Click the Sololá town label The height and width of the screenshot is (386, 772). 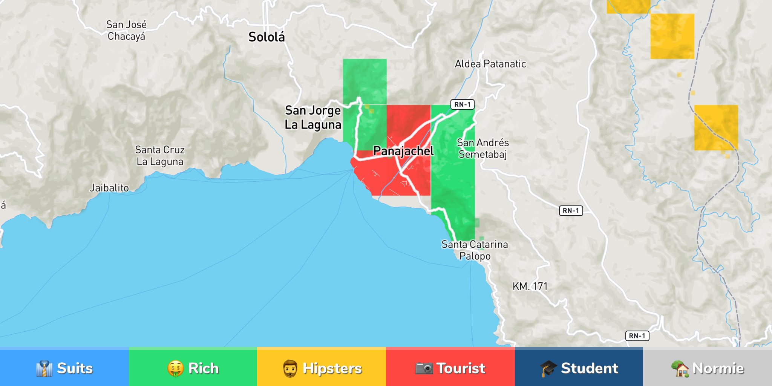click(x=267, y=37)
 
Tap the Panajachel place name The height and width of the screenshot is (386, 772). click(x=403, y=151)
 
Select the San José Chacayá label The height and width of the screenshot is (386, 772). click(x=126, y=31)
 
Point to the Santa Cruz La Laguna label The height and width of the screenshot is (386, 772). click(x=160, y=156)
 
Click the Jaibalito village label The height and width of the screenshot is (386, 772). click(x=109, y=188)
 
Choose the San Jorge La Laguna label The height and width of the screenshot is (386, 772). click(x=313, y=117)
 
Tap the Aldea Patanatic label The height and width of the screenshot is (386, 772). click(x=490, y=64)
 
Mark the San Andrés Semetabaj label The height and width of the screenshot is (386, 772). click(x=483, y=149)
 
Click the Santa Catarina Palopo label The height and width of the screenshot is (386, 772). click(x=475, y=250)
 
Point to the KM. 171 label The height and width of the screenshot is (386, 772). click(x=530, y=286)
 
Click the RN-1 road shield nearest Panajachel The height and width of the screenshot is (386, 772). click(x=463, y=104)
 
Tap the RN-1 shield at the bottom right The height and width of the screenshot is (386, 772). click(x=637, y=335)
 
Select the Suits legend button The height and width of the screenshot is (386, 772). click(x=64, y=368)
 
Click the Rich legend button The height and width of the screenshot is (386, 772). click(x=193, y=368)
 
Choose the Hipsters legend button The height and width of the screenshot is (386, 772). click(x=322, y=368)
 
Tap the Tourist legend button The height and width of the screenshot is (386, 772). click(x=450, y=368)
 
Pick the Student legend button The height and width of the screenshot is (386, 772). click(x=579, y=368)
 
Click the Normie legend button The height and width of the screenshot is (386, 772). click(x=708, y=368)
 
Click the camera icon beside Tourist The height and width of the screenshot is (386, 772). click(x=424, y=368)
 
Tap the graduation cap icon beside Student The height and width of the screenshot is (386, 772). click(x=548, y=368)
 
